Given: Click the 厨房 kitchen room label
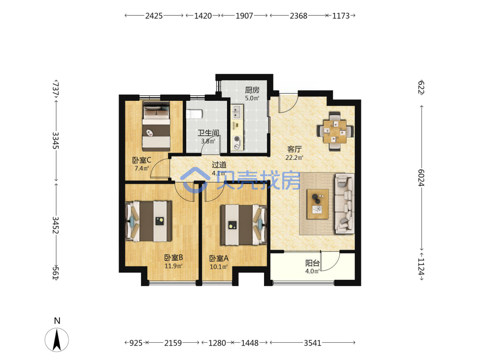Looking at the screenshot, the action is click(252, 90).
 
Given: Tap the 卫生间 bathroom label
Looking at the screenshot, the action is click(208, 133).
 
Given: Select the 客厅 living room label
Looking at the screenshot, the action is click(295, 149).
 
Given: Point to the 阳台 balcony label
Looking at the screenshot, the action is click(312, 263).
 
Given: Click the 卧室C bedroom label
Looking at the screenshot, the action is click(142, 160).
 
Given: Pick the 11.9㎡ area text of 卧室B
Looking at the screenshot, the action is click(174, 266).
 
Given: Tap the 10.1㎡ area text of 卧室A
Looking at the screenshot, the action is click(218, 266).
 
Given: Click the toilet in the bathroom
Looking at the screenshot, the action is click(194, 114).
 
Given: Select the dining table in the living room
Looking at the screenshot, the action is click(335, 132).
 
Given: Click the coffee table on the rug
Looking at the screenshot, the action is click(318, 204).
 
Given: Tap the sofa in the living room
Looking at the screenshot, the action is click(345, 204).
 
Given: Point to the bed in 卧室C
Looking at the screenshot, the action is click(156, 126).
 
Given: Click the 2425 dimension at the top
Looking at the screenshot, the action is click(154, 16).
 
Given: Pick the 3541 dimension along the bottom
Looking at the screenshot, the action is click(312, 343).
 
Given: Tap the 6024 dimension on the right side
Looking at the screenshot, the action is click(421, 178).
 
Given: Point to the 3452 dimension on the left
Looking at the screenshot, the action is click(55, 225).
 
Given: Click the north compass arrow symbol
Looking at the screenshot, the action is click(57, 339).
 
